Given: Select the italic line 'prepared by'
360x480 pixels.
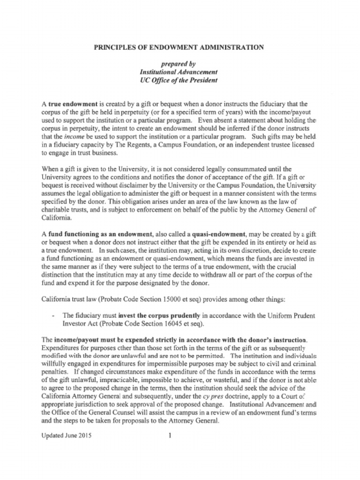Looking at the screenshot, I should (x=179, y=64).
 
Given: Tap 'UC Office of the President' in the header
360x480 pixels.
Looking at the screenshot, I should (x=179, y=80).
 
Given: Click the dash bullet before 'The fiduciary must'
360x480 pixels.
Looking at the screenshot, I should (x=54, y=315).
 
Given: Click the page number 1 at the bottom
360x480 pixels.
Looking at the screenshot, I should (x=170, y=435).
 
